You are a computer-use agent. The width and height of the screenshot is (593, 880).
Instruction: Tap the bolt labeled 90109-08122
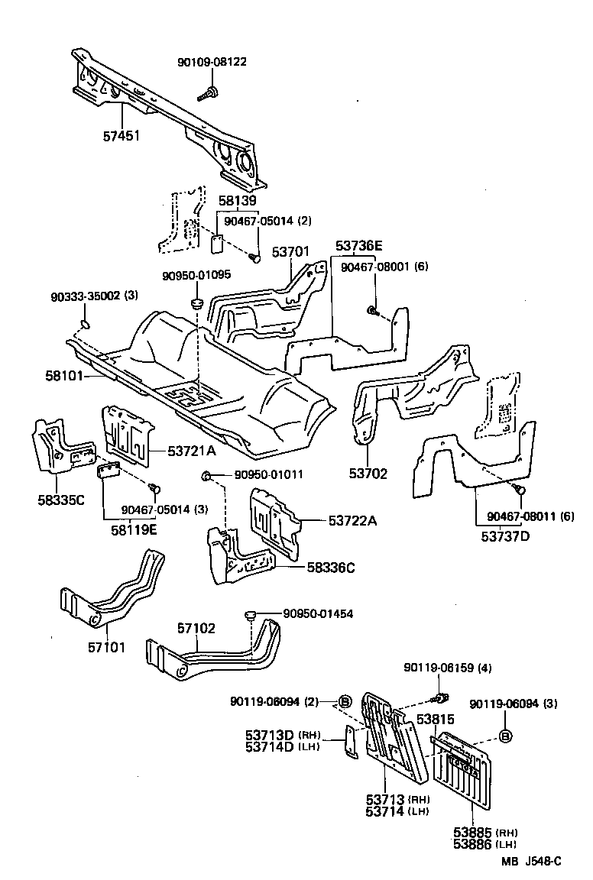(x=207, y=95)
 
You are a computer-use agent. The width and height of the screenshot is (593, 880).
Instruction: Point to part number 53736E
(x=358, y=246)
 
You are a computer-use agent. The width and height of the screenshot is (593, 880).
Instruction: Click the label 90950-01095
(x=196, y=275)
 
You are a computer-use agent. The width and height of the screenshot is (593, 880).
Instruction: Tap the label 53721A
(x=193, y=451)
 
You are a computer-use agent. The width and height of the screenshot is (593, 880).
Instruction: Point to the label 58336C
(x=332, y=567)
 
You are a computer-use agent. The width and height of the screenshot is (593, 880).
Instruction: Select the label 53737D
(x=505, y=535)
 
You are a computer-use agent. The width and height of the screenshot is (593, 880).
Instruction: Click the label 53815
(x=436, y=719)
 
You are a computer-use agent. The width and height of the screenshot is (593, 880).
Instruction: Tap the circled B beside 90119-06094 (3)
(x=505, y=736)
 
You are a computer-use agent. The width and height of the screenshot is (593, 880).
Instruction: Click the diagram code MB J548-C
(x=532, y=862)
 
